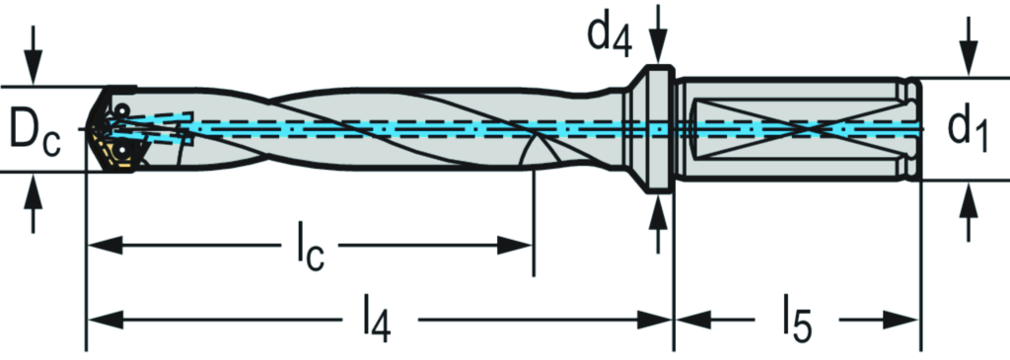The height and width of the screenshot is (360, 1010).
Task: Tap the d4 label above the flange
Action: (610, 37)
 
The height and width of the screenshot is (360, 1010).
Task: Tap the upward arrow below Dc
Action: (34, 202)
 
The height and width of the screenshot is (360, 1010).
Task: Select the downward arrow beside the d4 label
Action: (658, 35)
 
